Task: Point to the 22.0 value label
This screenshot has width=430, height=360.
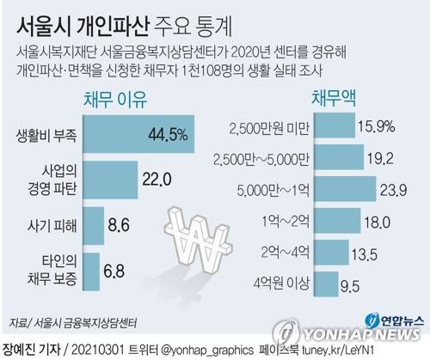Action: (x=157, y=180)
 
